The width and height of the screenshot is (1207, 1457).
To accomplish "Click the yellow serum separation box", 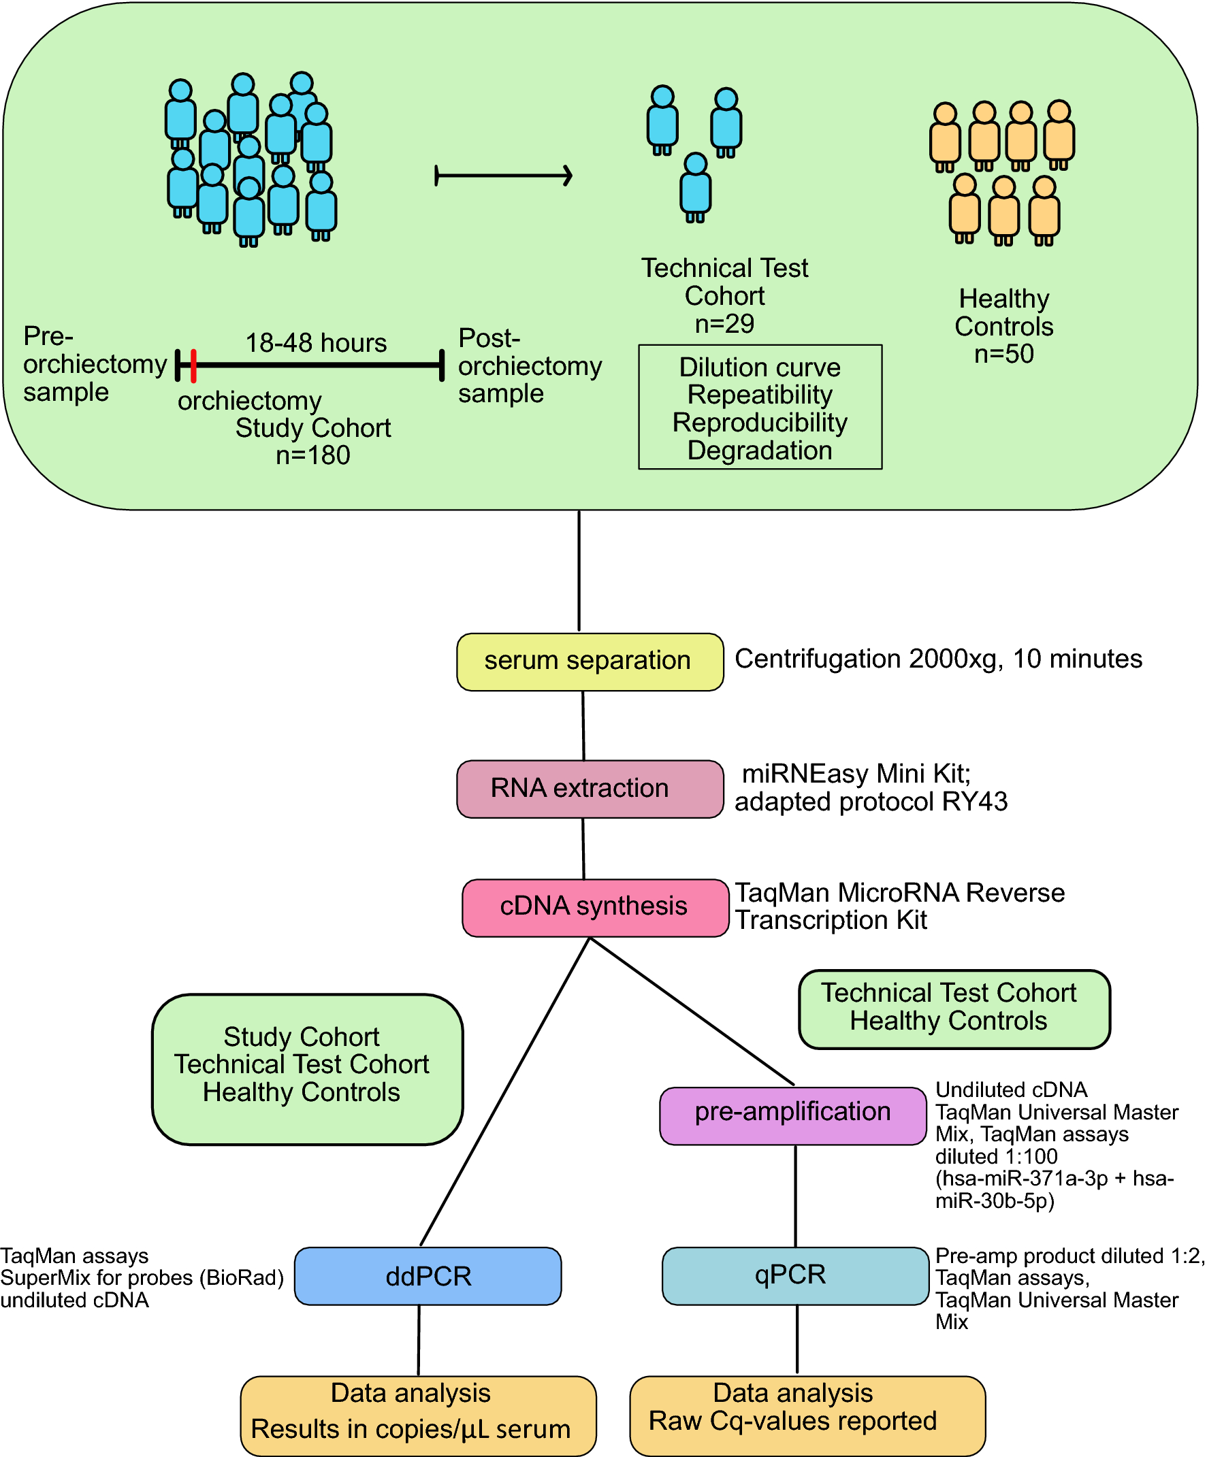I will click(590, 661).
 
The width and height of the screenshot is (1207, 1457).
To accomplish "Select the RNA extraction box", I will click(590, 789).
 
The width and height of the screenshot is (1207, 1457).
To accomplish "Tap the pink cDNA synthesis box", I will click(595, 908).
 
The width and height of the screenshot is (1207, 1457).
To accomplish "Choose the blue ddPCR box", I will click(428, 1276).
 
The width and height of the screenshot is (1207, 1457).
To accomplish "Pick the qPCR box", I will click(794, 1275).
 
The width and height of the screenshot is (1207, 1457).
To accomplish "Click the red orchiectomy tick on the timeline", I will click(193, 365).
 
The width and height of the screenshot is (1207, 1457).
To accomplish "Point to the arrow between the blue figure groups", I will click(504, 176).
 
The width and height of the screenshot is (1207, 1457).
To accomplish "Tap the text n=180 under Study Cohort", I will click(313, 456).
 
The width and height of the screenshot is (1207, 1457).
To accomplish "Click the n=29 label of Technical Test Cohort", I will click(724, 324).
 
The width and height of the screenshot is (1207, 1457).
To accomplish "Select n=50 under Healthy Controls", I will click(1003, 354).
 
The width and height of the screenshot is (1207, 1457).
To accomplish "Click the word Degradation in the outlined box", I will click(759, 451).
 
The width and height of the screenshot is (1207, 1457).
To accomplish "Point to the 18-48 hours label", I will click(316, 343).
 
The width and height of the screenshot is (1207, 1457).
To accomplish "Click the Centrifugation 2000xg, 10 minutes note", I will click(937, 659).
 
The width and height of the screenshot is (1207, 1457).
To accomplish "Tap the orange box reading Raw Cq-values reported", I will click(807, 1415).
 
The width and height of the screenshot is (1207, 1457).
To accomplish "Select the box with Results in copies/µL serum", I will click(418, 1415).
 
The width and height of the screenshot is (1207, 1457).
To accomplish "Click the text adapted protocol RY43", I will click(871, 802).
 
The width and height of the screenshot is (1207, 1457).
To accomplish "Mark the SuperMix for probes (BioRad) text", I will click(142, 1278).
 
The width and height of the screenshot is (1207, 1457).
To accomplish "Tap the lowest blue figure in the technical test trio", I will click(696, 188).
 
